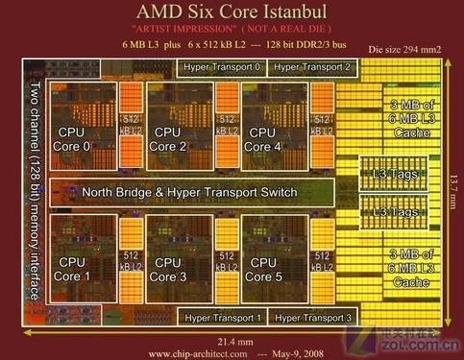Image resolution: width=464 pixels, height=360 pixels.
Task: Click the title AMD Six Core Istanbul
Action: [232, 12]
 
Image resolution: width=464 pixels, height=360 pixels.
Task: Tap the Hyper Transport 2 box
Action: [312, 67]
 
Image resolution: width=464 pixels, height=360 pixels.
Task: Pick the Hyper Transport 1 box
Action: [223, 316]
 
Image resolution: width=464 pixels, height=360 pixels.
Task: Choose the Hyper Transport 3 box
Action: [312, 316]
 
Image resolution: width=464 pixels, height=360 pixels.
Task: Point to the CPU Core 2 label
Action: [168, 139]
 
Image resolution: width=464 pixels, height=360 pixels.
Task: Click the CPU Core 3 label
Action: [168, 270]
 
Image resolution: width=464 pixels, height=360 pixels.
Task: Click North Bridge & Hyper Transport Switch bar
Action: [189, 192]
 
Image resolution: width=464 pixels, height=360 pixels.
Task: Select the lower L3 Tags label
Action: [394, 210]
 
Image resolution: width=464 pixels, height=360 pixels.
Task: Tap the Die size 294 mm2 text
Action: [403, 48]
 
